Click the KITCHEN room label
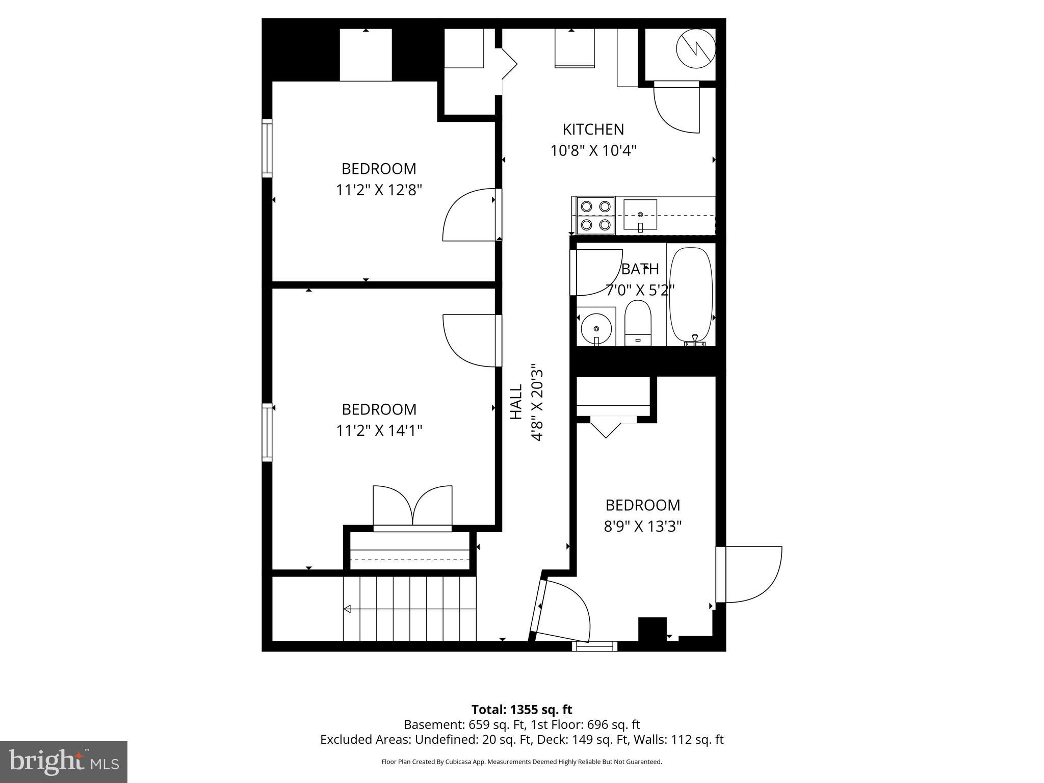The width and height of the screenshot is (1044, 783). [593, 129]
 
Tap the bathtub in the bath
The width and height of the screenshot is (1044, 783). [690, 295]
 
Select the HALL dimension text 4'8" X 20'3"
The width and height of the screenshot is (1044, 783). [537, 402]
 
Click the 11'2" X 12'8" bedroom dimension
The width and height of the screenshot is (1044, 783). [379, 190]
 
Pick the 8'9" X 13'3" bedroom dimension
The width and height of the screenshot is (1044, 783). [642, 526]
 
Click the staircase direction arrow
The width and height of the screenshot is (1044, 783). [348, 609]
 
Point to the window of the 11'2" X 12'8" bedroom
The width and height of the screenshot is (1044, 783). [267, 148]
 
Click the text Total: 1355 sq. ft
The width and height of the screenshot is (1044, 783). [521, 710]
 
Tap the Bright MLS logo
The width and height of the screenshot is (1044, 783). [64, 762]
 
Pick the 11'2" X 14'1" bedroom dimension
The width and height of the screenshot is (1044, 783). [379, 431]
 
